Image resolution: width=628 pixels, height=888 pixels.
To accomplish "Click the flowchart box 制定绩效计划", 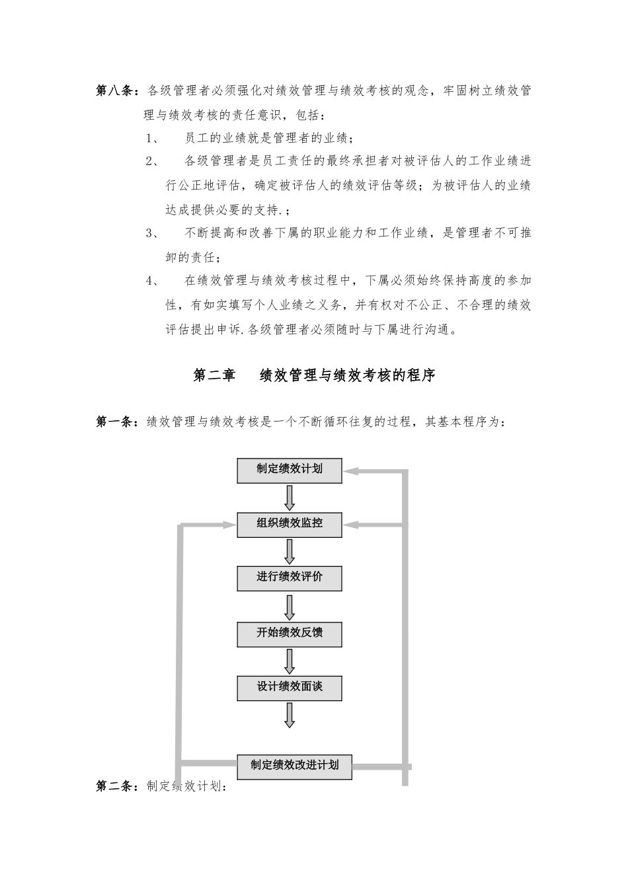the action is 290,470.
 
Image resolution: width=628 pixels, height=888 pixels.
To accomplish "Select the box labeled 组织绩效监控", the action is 290,523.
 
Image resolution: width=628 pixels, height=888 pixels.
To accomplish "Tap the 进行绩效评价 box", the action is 290,577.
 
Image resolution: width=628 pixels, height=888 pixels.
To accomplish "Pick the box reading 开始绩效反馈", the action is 290,633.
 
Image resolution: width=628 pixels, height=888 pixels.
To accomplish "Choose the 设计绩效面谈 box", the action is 290,687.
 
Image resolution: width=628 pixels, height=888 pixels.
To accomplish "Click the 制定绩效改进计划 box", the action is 294,766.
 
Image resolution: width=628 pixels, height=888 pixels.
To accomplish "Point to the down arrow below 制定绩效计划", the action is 290,497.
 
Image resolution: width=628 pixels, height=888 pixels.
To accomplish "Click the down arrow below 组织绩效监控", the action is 290,551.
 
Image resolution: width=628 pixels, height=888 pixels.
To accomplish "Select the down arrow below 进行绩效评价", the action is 290,607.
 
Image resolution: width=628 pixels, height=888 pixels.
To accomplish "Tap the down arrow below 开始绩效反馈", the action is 290,661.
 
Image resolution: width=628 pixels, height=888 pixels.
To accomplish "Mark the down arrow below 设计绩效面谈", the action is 290,715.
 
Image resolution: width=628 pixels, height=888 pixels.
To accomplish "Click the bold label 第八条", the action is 116,91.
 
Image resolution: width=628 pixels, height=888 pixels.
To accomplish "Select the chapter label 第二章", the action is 214,375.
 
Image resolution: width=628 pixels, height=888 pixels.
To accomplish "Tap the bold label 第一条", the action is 116,422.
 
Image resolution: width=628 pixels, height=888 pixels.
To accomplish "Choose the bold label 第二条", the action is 116,786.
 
